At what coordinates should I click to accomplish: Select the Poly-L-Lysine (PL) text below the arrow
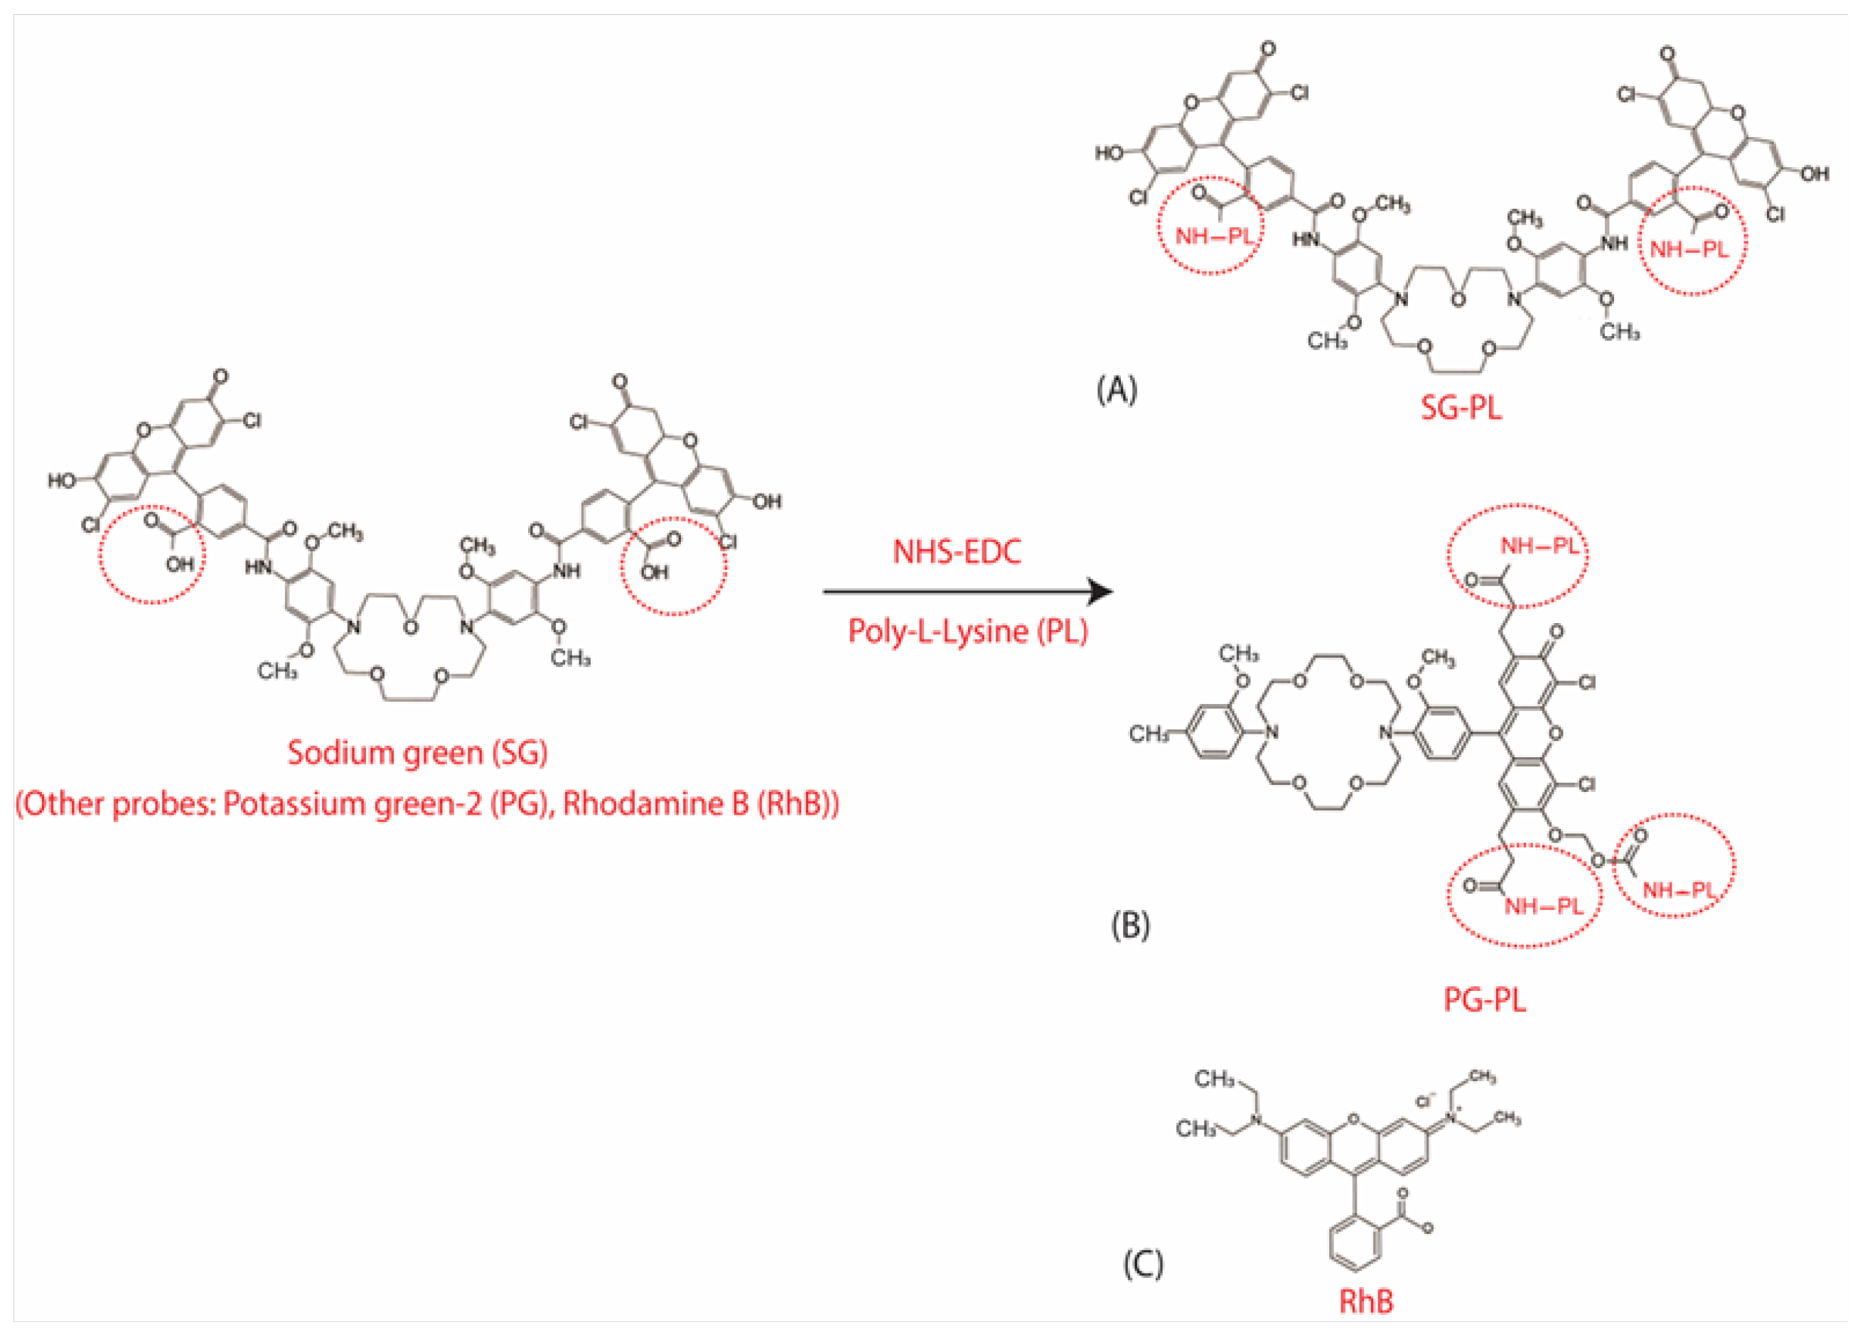point(968,631)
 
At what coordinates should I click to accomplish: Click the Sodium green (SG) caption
point(417,752)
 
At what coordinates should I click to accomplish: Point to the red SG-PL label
point(1461,407)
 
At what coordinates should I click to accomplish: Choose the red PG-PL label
point(1484,999)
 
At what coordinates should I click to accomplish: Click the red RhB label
point(1367,1301)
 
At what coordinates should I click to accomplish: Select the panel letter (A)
point(1117,389)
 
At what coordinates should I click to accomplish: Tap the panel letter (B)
point(1130,926)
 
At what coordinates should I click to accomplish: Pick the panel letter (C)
point(1143,1264)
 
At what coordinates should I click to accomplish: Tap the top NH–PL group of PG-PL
point(1539,546)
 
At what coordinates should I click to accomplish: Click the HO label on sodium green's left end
point(62,480)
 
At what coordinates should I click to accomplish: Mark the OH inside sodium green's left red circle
point(179,564)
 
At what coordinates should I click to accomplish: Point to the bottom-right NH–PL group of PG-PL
point(1678,889)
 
